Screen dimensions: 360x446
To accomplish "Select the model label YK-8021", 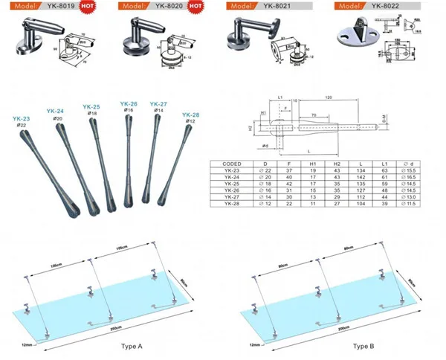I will pyautogui.click(x=274, y=5).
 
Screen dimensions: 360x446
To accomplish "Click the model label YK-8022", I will pyautogui.click(x=387, y=5).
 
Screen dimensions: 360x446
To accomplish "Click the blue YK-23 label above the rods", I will pyautogui.click(x=21, y=118).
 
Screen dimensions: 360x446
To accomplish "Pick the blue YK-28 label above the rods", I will pyautogui.click(x=190, y=115).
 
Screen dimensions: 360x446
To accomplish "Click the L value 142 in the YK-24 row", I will pyautogui.click(x=361, y=177).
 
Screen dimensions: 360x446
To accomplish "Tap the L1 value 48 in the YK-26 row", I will pyautogui.click(x=384, y=190).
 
